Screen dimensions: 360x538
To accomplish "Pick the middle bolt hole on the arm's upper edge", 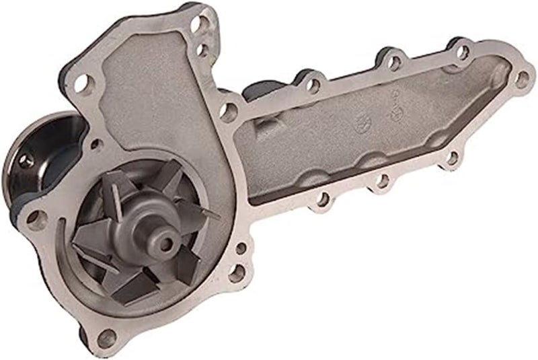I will [389, 61].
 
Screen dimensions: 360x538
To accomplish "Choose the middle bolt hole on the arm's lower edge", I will [383, 180].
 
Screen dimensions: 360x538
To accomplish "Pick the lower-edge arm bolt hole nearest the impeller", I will [324, 199].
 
